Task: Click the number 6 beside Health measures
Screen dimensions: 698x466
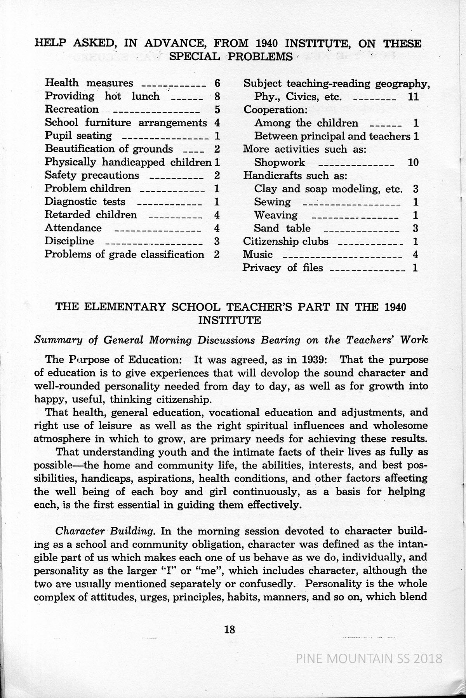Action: coord(217,83)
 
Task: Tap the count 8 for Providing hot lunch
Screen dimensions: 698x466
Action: coord(217,96)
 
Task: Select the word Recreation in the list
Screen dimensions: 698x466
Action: coord(72,109)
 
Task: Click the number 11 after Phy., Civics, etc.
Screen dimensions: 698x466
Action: coord(414,97)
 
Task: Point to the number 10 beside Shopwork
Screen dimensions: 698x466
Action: coord(414,162)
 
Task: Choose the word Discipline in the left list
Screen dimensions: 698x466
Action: coord(69,241)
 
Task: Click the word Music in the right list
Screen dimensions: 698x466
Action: coord(258,254)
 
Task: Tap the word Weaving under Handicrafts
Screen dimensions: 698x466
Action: coord(276,215)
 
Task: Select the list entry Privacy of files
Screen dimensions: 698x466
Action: coord(283,268)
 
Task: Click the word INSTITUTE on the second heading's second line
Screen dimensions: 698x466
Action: coord(230,320)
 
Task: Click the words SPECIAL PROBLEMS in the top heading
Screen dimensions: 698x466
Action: coord(231,57)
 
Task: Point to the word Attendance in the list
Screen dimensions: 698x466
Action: coord(73,228)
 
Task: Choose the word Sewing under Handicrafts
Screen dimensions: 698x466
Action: coord(272,202)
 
